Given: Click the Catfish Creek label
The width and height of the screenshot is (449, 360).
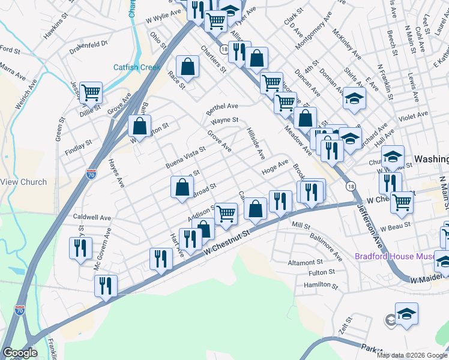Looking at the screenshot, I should (x=137, y=67).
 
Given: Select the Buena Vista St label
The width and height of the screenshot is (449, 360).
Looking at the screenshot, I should (x=185, y=158).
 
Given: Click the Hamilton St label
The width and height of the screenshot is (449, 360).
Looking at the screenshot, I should (x=318, y=286).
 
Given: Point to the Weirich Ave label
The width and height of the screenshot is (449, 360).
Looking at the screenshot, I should (x=27, y=94).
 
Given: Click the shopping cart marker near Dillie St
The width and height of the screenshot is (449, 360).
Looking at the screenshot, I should (x=91, y=93).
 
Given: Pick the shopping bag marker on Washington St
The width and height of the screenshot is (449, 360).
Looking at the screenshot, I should (x=139, y=127).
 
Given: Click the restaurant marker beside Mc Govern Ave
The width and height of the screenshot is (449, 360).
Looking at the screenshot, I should (x=80, y=248).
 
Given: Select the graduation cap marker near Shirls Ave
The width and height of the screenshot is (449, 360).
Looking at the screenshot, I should (x=354, y=98).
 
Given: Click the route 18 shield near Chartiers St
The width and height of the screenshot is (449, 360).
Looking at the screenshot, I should (x=224, y=49).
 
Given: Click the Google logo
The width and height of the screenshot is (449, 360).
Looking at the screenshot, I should (x=20, y=353).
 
